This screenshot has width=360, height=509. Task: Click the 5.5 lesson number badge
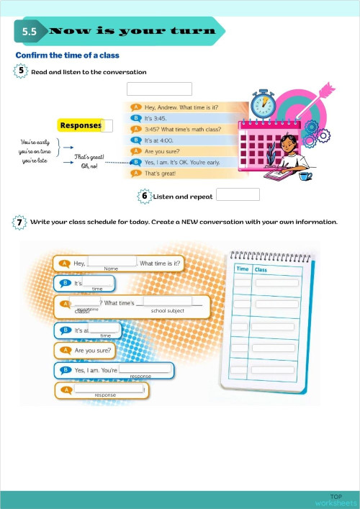[x=30, y=32]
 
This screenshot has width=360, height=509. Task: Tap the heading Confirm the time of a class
[x=67, y=55]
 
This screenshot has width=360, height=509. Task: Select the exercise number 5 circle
[x=20, y=71]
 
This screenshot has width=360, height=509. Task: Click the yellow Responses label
[x=81, y=125]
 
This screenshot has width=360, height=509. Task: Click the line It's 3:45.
[x=156, y=118]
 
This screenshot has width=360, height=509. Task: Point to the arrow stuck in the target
[x=317, y=92]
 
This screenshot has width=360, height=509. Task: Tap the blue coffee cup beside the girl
[x=306, y=175]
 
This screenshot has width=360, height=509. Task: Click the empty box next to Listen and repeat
[x=238, y=194]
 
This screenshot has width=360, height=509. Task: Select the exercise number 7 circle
[x=20, y=222]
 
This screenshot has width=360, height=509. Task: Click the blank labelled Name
[x=112, y=262]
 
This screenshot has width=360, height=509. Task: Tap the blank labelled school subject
[x=168, y=303]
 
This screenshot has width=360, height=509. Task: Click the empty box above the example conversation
[x=159, y=89]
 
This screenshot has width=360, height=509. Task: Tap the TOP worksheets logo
[x=336, y=499]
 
